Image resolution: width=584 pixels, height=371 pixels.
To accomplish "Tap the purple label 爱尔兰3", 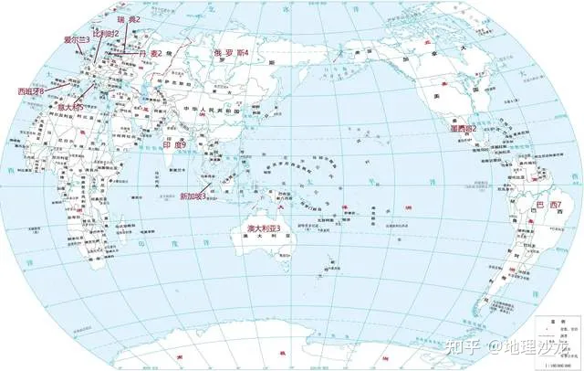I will coord(77,40).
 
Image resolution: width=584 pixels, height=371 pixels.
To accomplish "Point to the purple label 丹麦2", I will coord(150,53).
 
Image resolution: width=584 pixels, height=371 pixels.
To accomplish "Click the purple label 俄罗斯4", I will coord(231,53).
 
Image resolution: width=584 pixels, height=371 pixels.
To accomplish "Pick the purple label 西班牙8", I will coord(31,91).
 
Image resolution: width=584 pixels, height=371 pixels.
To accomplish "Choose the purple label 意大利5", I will coord(70,107).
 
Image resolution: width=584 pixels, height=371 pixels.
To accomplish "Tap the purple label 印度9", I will coord(173,145).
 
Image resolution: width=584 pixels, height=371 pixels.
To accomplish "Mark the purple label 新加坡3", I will coord(193,196).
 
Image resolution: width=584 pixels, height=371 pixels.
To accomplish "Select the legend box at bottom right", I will coord(557,340).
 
